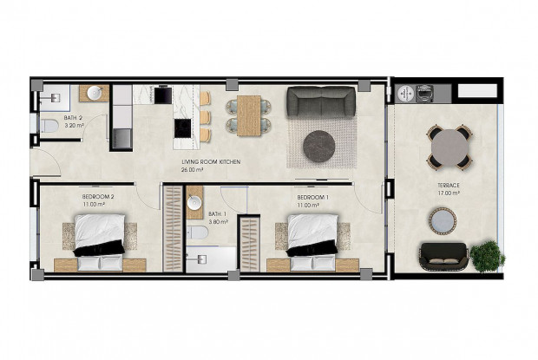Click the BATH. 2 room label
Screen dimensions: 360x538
[74, 118]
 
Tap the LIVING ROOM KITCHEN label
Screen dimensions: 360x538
[211, 163]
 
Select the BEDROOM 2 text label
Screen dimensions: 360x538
[98, 197]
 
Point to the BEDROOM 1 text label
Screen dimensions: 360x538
[312, 197]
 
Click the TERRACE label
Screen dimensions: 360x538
[448, 186]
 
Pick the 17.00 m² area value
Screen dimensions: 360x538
[448, 193]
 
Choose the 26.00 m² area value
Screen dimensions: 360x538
[192, 170]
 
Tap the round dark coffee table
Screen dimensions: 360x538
[319, 146]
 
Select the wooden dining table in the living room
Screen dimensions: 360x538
[249, 115]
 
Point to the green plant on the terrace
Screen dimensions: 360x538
[487, 255]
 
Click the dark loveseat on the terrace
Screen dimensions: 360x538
[443, 256]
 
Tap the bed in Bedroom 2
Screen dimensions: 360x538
[99, 236]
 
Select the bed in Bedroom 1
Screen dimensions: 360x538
[312, 235]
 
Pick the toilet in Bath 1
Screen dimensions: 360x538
[198, 232]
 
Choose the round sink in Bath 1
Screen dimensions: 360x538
[194, 204]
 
